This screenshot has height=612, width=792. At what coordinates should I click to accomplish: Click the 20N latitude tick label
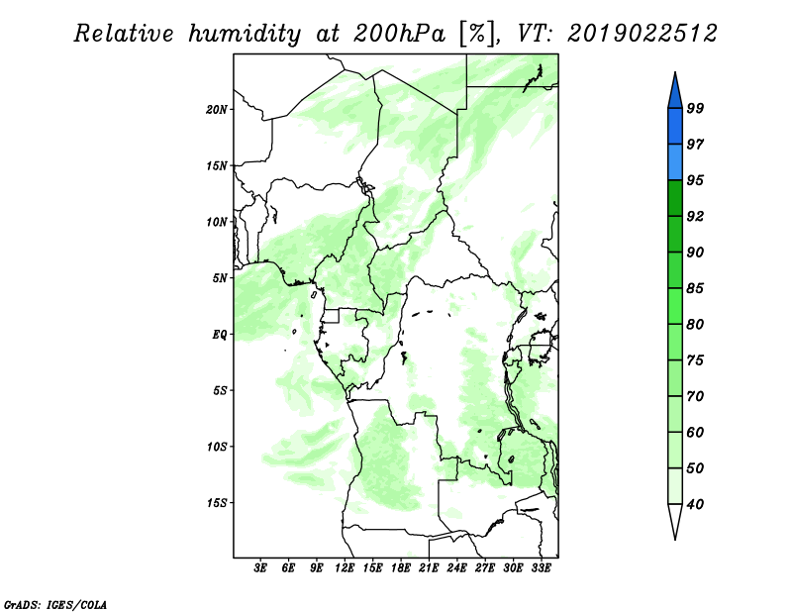[x=217, y=110]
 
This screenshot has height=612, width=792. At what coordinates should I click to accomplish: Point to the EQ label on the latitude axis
[x=220, y=335]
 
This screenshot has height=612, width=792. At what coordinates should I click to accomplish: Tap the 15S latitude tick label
[x=217, y=503]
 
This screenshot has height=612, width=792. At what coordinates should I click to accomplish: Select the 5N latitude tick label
[x=220, y=278]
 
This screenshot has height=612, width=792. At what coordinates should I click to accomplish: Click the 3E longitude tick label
[x=260, y=567]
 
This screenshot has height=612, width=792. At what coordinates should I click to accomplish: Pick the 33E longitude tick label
[x=541, y=567]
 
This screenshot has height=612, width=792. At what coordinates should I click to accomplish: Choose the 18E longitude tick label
[x=401, y=567]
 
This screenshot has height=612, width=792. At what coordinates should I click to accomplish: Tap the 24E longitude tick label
[x=456, y=567]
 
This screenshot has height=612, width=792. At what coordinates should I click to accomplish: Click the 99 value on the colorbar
[x=695, y=108]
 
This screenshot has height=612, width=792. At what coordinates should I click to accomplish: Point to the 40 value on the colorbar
[x=695, y=504]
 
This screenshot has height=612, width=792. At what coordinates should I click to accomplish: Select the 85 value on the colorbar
[x=695, y=288]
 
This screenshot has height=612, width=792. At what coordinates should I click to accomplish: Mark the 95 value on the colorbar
[x=695, y=180]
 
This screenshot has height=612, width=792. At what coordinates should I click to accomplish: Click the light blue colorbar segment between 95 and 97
[x=675, y=162]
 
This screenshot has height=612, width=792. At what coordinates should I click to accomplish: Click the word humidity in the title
[x=245, y=34]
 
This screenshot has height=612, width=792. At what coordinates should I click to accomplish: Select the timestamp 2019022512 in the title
[x=642, y=34]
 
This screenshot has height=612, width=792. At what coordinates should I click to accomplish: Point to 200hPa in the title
[x=399, y=34]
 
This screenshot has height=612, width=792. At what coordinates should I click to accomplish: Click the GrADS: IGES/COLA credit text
[x=55, y=604]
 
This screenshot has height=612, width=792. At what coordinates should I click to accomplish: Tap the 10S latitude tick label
[x=217, y=447]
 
